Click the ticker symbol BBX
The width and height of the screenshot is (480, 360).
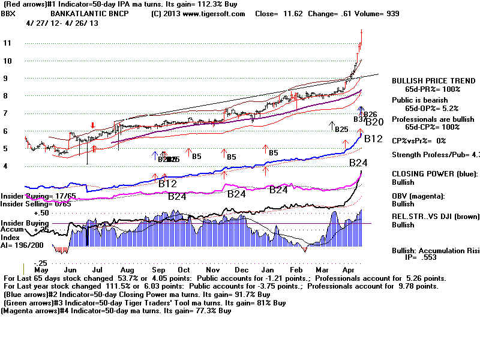click(x=8, y=13)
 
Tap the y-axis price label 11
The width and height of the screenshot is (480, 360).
click(x=7, y=43)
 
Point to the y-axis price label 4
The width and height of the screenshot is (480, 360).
click(x=6, y=166)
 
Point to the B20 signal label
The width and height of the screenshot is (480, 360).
click(x=374, y=122)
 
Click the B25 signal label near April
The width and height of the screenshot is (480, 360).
click(x=341, y=130)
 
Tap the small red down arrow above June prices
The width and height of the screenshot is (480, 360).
click(x=92, y=125)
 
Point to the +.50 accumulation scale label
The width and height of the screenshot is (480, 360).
click(x=41, y=213)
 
